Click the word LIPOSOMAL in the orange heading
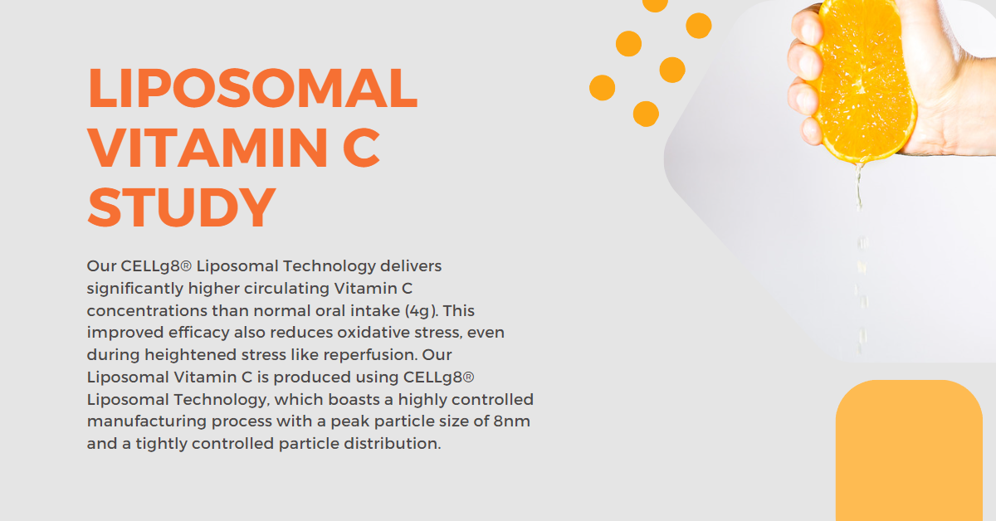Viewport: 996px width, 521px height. point(252,88)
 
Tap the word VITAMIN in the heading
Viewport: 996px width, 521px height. point(207,148)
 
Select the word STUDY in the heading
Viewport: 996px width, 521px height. point(182,207)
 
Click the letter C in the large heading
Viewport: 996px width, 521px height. point(362,148)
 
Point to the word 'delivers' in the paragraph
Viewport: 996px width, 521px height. point(411,265)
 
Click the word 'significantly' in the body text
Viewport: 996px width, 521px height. point(135,289)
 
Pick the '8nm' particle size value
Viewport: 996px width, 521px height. point(512,421)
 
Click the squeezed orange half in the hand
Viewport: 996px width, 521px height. point(863,80)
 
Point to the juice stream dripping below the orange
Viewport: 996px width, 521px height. point(861,258)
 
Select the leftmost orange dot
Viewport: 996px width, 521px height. point(602,88)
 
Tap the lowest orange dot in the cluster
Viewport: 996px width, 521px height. point(646,114)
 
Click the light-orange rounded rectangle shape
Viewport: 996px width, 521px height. point(909,450)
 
